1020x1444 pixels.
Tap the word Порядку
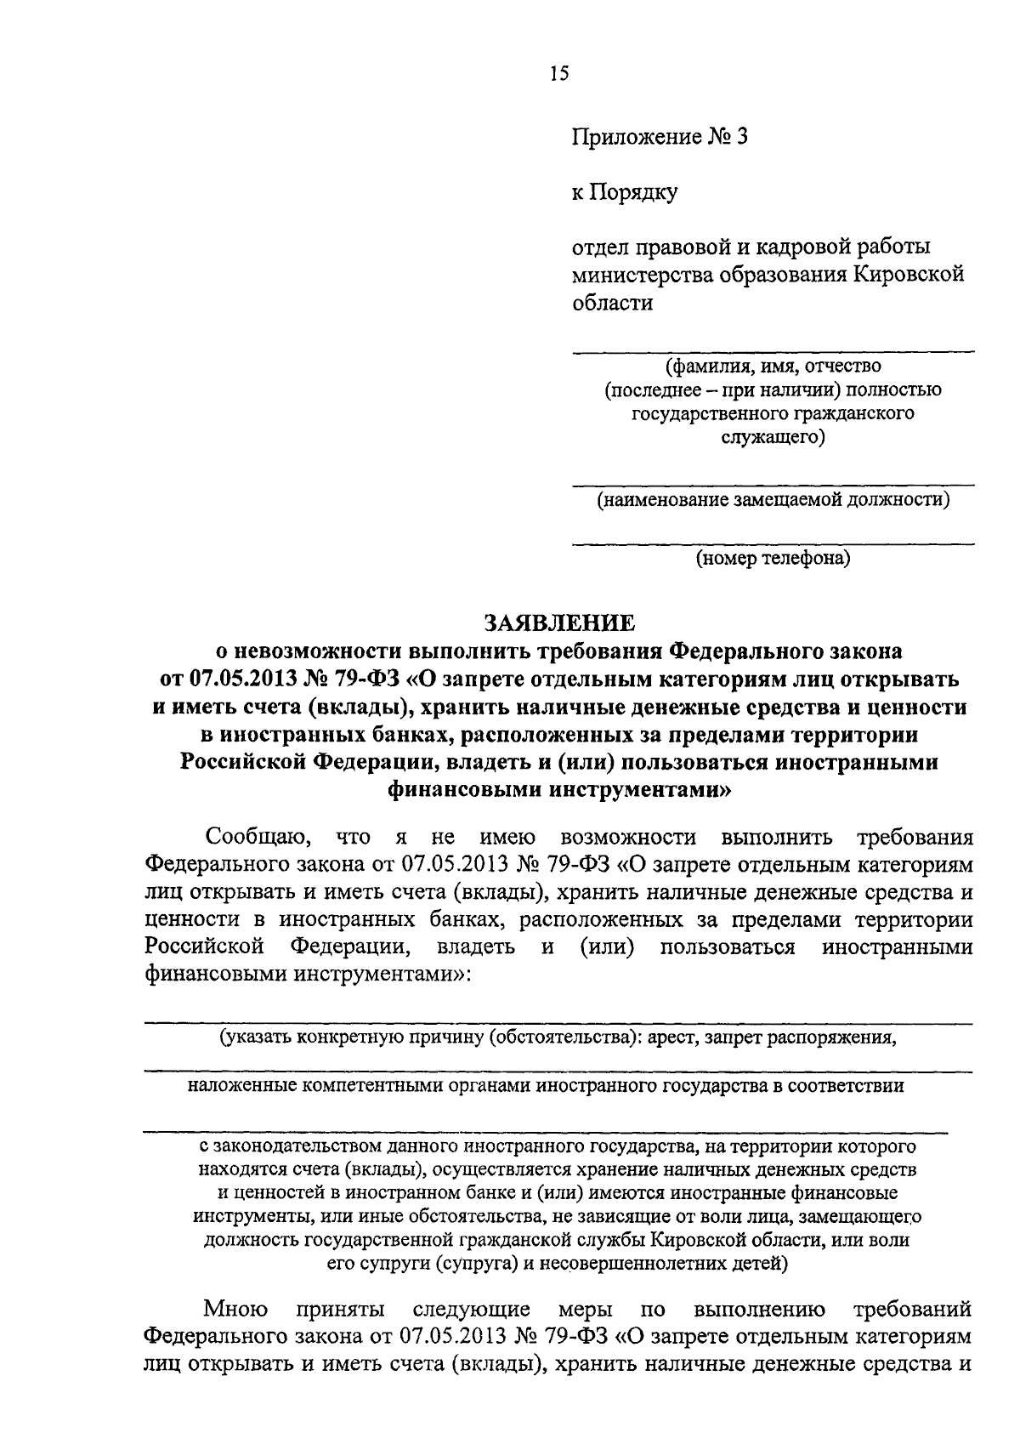[637, 194]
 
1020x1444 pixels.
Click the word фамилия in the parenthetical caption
[706, 367]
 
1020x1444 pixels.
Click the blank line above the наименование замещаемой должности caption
[773, 486]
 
